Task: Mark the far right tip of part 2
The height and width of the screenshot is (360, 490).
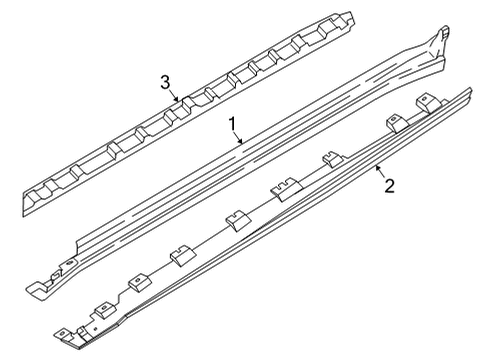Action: click(x=468, y=93)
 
